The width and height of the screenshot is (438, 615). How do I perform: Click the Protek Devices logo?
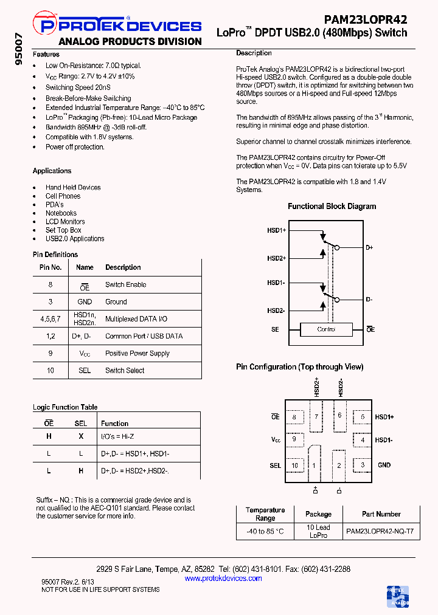pos(120,26)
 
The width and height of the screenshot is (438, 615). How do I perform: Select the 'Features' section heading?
pos(46,54)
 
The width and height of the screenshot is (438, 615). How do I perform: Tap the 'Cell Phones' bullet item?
pos(63,196)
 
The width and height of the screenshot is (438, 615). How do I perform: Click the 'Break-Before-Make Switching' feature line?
pos(88,98)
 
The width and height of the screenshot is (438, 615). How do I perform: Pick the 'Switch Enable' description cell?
pos(125,284)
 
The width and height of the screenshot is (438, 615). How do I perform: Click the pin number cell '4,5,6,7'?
pos(50,319)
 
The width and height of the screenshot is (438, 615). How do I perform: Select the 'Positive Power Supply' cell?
pos(137,353)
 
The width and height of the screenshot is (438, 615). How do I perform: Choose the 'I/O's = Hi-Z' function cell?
pos(117,436)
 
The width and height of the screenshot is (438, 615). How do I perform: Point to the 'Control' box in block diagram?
pos(326,329)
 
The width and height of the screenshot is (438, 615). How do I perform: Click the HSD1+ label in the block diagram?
pos(276,231)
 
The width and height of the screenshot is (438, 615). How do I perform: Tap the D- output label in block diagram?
pos(369,300)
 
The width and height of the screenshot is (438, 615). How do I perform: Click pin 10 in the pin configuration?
pos(295,466)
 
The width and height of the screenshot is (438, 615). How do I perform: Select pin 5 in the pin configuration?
pos(363,417)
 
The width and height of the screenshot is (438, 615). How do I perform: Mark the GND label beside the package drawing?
pos(384,465)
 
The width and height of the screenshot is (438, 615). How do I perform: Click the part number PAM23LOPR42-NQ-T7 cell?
pos(380,531)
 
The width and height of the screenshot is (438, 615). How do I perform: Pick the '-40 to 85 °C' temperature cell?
pos(265,531)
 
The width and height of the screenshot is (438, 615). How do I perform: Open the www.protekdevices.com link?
pos(223,579)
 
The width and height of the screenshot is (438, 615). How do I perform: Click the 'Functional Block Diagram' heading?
pos(332,207)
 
